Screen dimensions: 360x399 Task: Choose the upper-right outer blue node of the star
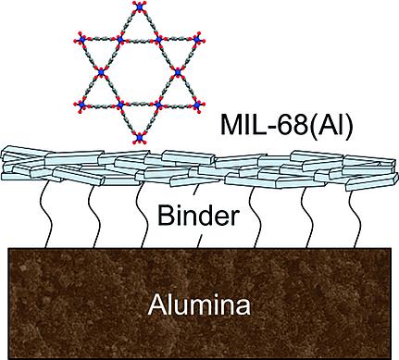194,43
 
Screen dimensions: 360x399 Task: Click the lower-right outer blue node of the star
194,108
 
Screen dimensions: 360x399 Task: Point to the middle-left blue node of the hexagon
102,76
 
